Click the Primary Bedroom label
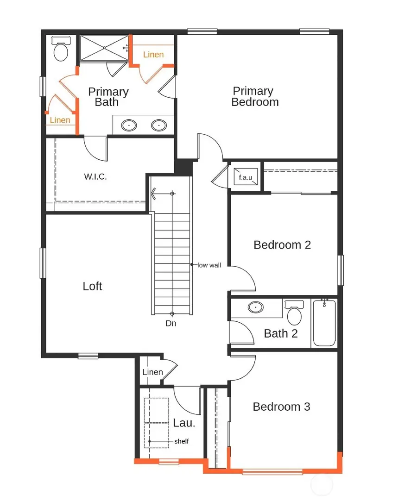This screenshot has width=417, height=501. tap(254, 97)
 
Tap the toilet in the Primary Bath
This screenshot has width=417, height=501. tap(61, 50)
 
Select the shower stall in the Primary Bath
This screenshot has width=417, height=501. tap(104, 48)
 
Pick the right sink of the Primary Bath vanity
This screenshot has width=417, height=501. tap(159, 125)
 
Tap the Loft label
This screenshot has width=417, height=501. tap(92, 286)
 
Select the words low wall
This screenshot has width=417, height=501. tap(209, 265)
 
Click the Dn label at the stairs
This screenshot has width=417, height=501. tap(171, 324)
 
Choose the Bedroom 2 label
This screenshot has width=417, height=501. tap(282, 244)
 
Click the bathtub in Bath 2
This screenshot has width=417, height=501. tap(324, 323)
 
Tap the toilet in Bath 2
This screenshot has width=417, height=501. tap(294, 313)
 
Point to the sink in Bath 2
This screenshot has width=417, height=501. tap(255, 307)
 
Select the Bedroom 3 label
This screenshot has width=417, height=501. tap(281, 407)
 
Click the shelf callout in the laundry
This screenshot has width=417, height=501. tap(181, 441)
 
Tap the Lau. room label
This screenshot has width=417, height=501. tap(181, 423)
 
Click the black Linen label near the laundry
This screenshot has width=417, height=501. tap(152, 372)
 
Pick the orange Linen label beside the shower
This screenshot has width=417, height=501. tap(153, 55)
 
